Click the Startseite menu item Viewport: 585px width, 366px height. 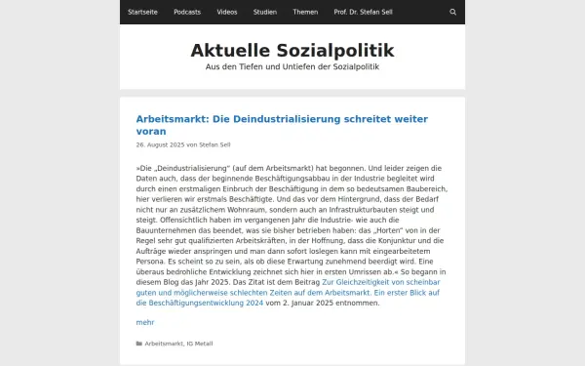[143, 12]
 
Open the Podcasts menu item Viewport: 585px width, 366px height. [187, 12]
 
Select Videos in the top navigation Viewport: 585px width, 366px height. [227, 12]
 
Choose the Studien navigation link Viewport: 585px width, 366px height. [264, 12]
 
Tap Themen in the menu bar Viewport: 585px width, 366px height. [304, 12]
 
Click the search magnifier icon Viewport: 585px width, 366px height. [452, 12]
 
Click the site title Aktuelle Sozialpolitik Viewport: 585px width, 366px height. [292, 50]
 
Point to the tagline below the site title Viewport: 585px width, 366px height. [292, 67]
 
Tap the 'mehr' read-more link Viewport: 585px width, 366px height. [144, 321]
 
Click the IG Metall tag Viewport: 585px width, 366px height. [200, 344]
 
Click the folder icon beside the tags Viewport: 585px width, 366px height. [139, 344]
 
